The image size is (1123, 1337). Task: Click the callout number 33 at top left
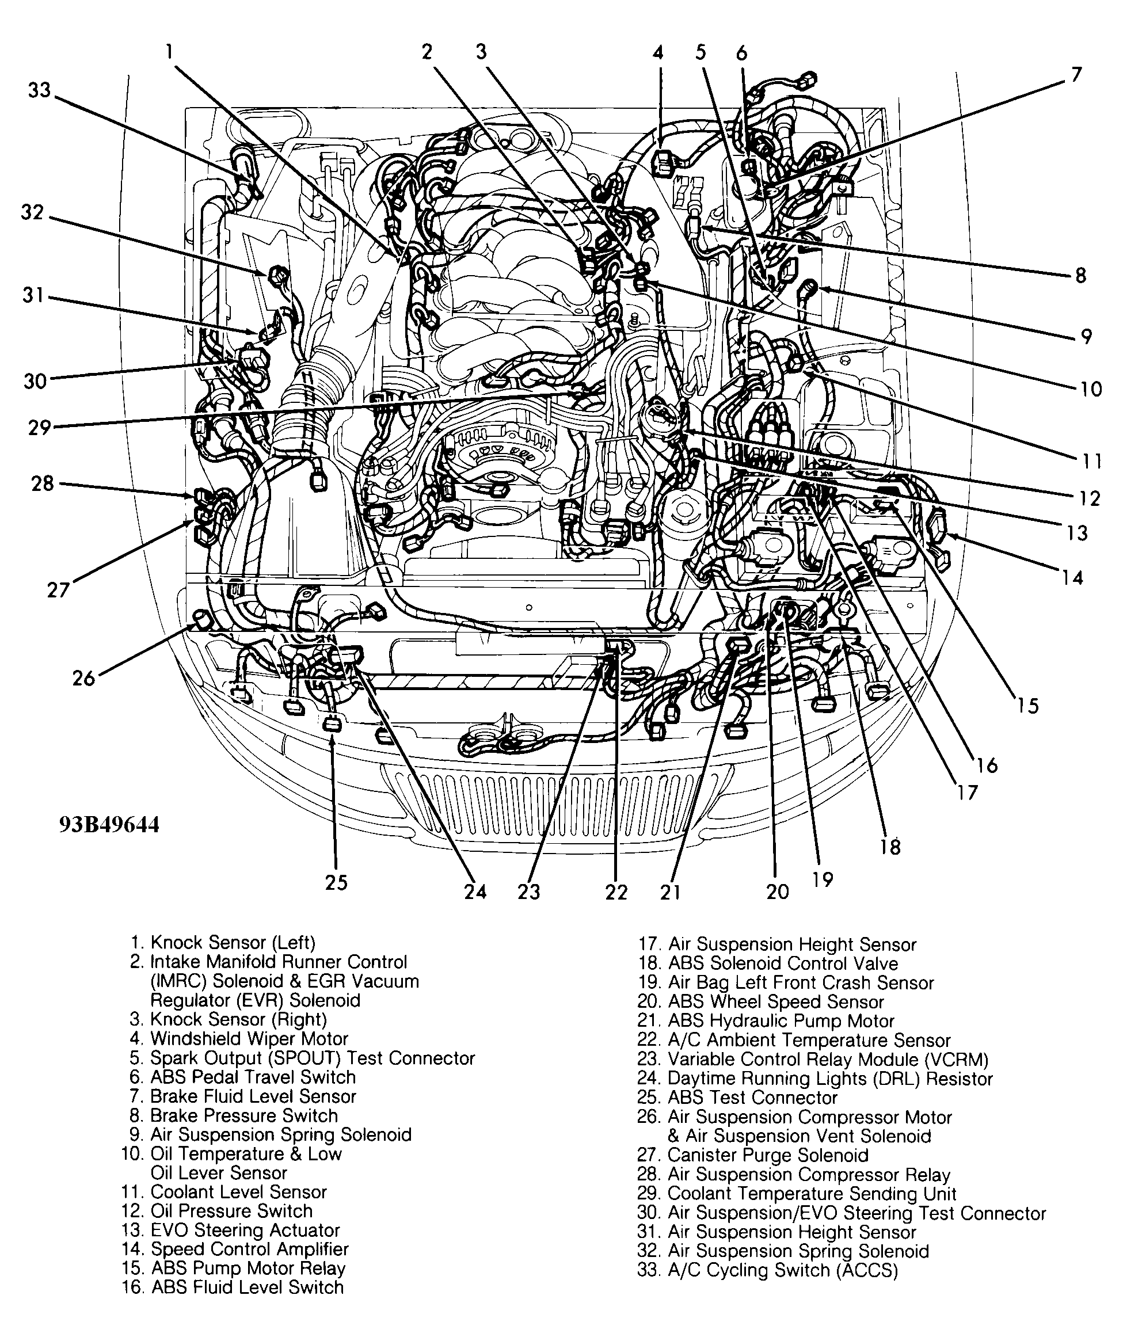pyautogui.click(x=40, y=90)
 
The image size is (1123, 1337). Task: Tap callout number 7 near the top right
pyautogui.click(x=1076, y=75)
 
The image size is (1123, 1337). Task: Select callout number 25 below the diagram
pyautogui.click(x=336, y=882)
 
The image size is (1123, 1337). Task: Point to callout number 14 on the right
pyautogui.click(x=1072, y=577)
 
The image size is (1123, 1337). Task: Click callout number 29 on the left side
pyautogui.click(x=40, y=427)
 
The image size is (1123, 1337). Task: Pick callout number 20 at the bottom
pyautogui.click(x=777, y=892)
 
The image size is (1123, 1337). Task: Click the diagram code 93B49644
pyautogui.click(x=109, y=825)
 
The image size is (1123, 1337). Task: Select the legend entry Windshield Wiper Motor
pyautogui.click(x=248, y=1039)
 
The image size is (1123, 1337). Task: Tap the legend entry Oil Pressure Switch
pyautogui.click(x=231, y=1211)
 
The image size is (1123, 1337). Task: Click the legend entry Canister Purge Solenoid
pyautogui.click(x=767, y=1155)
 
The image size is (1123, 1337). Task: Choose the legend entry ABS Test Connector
pyautogui.click(x=752, y=1098)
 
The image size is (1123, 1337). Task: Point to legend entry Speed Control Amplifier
pyautogui.click(x=249, y=1249)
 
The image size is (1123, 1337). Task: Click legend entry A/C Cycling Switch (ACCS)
pyautogui.click(x=782, y=1270)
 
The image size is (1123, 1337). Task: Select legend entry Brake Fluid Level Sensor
pyautogui.click(x=252, y=1096)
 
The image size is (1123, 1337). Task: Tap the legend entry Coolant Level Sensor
pyautogui.click(x=238, y=1192)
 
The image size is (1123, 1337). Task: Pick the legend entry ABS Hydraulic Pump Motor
pyautogui.click(x=781, y=1020)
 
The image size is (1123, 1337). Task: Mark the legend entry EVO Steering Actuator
pyautogui.click(x=245, y=1230)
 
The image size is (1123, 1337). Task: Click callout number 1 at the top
pyautogui.click(x=169, y=51)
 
